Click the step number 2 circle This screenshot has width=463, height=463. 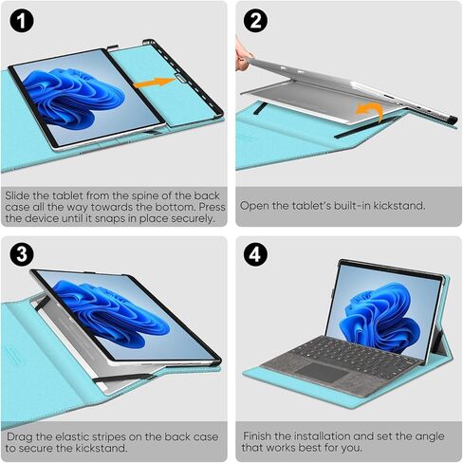(255, 21)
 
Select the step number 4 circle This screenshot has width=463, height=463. (255, 254)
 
